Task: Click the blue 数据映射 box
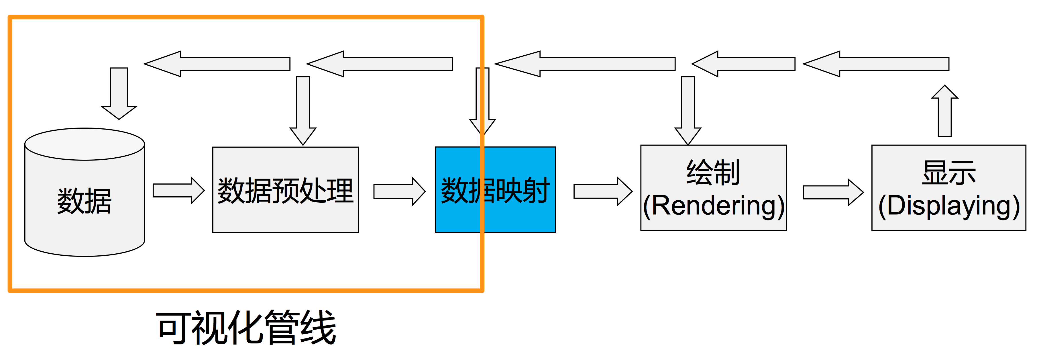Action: pos(495,190)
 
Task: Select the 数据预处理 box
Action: pos(285,190)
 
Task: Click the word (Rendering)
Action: pos(713,206)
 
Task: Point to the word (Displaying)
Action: pos(949,206)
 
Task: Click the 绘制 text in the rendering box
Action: pos(713,172)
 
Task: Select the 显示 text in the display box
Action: pos(949,172)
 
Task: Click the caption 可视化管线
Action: pos(246,328)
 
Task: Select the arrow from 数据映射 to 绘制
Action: pos(602,191)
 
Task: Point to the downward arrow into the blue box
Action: pos(483,101)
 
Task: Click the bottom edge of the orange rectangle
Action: pos(246,290)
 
